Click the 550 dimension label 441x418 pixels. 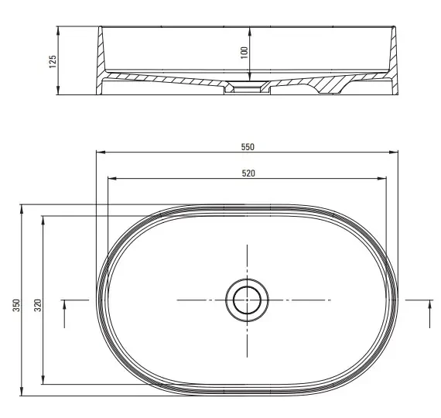(x=248, y=147)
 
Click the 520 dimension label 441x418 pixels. (x=248, y=173)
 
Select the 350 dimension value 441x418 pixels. (x=16, y=305)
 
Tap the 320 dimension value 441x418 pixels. (x=38, y=305)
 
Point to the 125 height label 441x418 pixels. (x=53, y=62)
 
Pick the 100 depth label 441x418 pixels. (x=244, y=53)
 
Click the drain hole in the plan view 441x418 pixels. (x=247, y=300)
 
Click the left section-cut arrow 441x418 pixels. (x=64, y=313)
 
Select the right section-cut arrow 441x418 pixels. (x=429, y=313)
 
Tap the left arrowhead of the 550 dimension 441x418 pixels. (x=101, y=152)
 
